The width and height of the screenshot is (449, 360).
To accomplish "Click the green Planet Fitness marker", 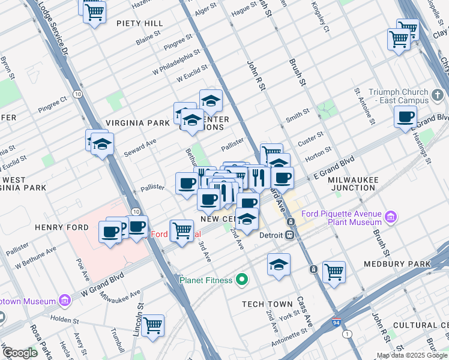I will pos(242,280).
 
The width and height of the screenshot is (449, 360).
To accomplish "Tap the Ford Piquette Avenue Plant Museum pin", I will pos(391,216).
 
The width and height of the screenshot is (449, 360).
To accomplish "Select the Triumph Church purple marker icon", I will pos(438,95).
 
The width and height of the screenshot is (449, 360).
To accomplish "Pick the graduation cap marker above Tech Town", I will pos(279,264).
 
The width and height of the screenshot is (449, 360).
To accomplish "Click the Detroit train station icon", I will pos(289,235).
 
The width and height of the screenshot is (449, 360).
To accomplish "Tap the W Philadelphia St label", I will pos(176,63).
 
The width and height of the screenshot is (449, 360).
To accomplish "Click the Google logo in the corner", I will pos(20,353).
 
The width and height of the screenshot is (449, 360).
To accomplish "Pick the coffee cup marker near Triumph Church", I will pos(406,117).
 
